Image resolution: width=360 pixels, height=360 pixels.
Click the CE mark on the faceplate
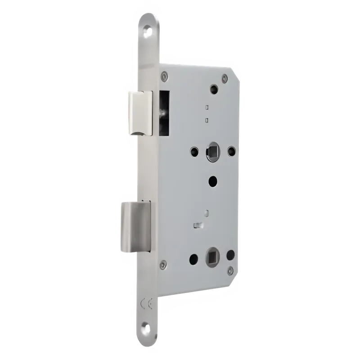coord(146,303)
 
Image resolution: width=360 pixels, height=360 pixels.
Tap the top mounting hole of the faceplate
coord(147,32)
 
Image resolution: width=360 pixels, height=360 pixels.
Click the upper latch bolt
coord(140,113)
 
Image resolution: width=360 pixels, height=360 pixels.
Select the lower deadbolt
coord(136,226)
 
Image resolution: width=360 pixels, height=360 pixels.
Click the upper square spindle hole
coord(213,151)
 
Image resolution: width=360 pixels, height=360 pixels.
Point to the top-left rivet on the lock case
coord(164,76)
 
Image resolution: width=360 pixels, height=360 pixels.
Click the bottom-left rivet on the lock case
coord(163,264)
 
